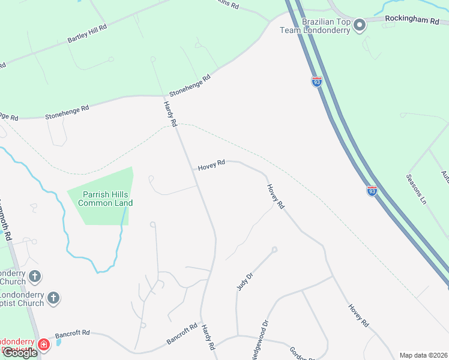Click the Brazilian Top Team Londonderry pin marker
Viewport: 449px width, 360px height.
coord(360,25)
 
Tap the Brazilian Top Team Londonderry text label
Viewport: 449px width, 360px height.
coord(325,26)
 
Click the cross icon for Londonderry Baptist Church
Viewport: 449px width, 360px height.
coord(53,298)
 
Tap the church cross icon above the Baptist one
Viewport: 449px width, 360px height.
coord(35,277)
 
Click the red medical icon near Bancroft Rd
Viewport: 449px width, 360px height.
coord(43,344)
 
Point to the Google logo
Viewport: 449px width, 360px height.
coord(20,352)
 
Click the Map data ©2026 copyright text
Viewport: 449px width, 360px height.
coord(423,355)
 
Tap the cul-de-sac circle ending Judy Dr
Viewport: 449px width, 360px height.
coord(274,250)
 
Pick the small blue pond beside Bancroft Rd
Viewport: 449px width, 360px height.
coord(58,343)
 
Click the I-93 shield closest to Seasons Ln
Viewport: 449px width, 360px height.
coord(372,191)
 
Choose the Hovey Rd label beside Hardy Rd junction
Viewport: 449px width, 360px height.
coord(211,165)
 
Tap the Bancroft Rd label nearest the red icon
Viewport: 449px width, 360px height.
coord(72,332)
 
